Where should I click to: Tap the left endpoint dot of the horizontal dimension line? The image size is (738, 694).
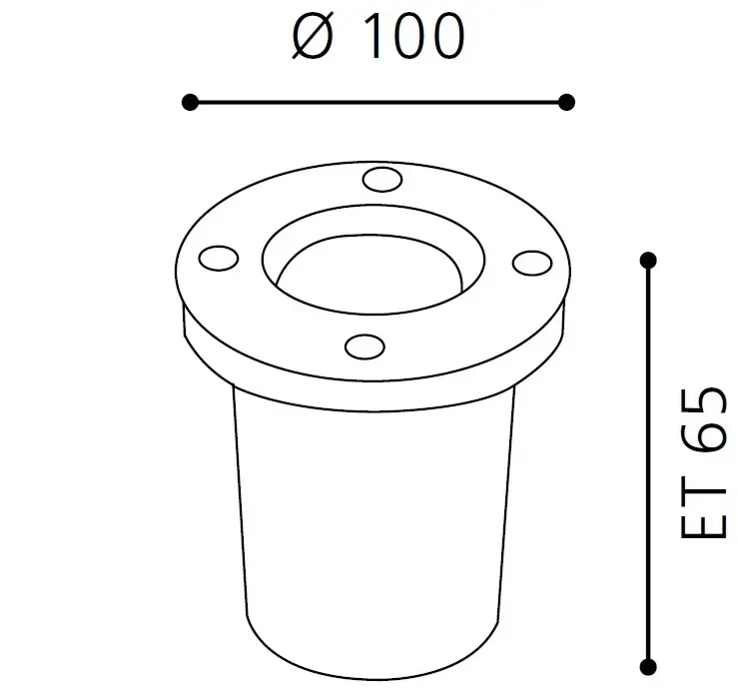coord(190,101)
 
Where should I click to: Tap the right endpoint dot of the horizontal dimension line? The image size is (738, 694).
coord(566,101)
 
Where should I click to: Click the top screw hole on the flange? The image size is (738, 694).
coord(378,179)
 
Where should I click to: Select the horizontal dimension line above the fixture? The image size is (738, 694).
coord(377,101)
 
